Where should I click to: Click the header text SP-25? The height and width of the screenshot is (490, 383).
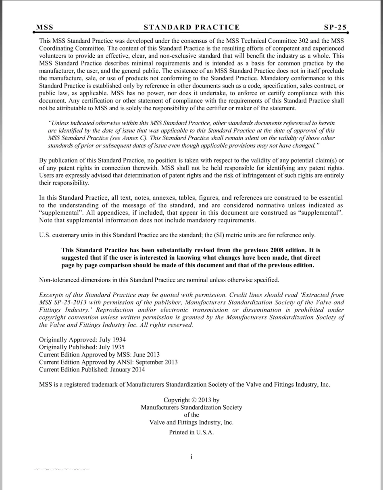[335, 27]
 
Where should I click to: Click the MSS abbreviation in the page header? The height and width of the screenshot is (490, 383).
[45, 27]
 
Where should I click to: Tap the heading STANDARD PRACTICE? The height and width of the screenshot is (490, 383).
[191, 27]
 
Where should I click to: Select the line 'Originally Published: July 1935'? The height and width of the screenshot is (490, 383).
[82, 347]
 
